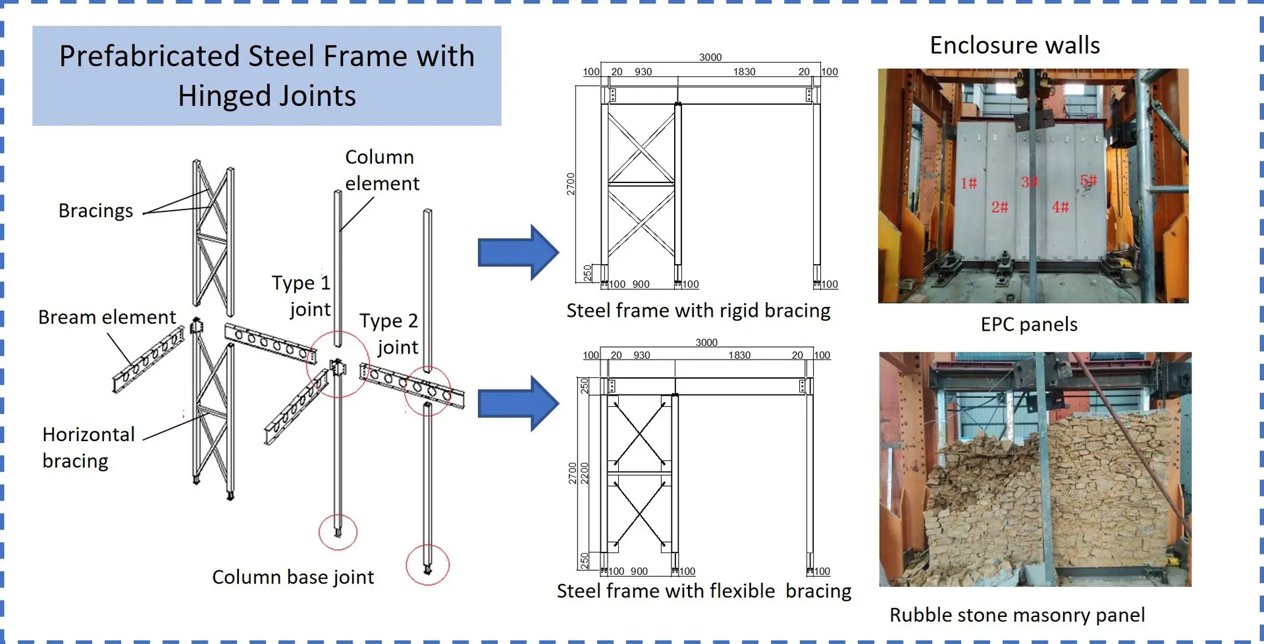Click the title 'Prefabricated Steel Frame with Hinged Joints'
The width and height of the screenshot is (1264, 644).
267,76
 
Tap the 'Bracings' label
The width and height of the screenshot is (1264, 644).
95,211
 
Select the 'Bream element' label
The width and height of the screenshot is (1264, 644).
107,317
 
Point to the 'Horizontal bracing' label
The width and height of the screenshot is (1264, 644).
88,448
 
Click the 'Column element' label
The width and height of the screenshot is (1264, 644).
382,170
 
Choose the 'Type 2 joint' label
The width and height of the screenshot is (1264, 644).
389,333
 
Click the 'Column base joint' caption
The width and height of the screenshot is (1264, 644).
293,577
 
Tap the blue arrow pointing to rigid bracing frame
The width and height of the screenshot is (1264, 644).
519,253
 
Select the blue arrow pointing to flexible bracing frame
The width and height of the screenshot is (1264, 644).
519,404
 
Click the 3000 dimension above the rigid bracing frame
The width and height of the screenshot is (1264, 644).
710,57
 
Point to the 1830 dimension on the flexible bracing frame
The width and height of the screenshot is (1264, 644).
739,355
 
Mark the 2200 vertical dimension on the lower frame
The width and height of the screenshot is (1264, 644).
585,473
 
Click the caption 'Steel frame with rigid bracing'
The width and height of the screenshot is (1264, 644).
698,311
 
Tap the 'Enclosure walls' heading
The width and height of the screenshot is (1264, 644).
1014,45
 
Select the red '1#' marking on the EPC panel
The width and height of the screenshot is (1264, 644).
968,183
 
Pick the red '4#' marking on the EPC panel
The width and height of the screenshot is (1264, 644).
1060,207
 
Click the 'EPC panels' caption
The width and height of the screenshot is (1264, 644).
1029,325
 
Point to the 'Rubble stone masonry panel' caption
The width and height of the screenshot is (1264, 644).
1017,615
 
